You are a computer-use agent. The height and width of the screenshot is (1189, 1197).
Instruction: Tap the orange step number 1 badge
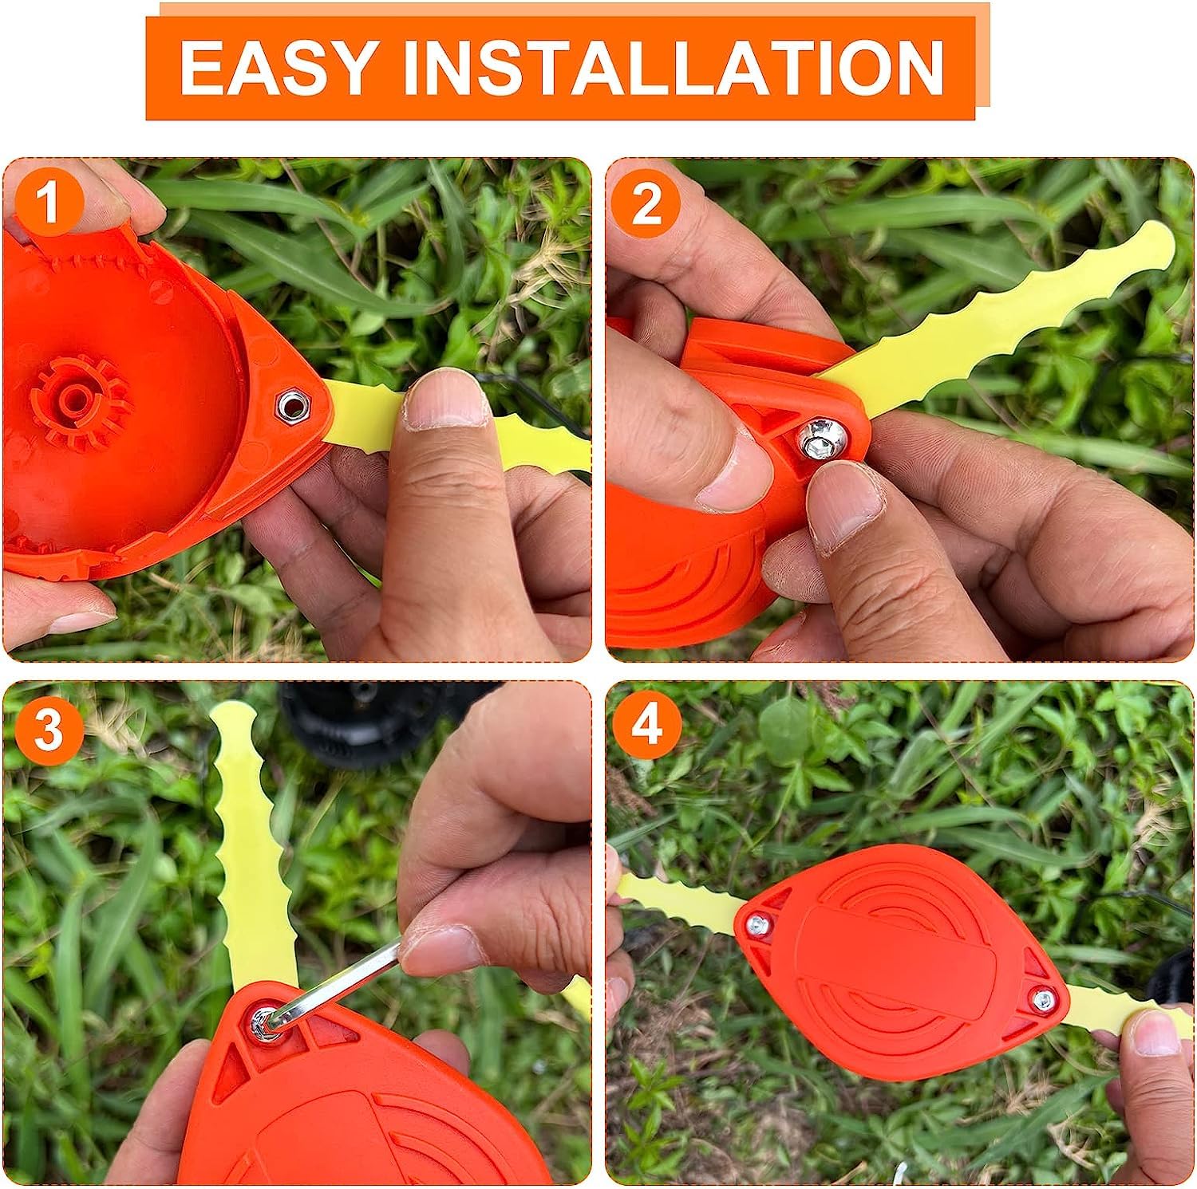(49, 203)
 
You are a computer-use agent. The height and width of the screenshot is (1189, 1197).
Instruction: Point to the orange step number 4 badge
(647, 728)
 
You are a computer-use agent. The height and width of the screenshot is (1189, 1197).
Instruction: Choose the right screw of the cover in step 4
(1041, 997)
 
